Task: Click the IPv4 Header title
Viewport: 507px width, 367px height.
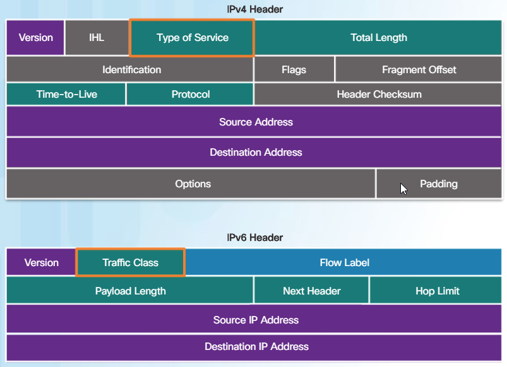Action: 254,9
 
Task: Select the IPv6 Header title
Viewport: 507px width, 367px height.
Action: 254,238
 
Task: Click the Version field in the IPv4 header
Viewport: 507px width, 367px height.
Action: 35,38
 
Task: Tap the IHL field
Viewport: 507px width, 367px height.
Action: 97,38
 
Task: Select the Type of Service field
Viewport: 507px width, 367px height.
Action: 192,38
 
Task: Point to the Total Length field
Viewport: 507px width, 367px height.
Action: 378,38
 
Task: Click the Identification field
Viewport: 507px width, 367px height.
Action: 131,69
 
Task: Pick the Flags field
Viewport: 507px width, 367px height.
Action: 294,69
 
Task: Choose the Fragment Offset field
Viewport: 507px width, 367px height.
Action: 419,69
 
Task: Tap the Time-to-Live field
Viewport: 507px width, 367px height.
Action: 66,95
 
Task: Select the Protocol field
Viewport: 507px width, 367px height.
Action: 190,95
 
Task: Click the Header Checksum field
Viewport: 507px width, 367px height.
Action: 379,95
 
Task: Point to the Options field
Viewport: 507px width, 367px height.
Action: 193,184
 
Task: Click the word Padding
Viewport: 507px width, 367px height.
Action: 438,184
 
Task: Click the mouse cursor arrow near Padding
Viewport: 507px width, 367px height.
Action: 403,189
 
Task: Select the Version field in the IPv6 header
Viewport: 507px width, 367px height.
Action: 41,262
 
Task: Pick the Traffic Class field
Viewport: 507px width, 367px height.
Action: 130,262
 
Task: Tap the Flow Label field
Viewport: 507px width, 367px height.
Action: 344,262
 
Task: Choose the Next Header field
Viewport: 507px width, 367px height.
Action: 311,291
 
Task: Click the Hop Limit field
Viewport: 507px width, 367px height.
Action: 437,291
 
